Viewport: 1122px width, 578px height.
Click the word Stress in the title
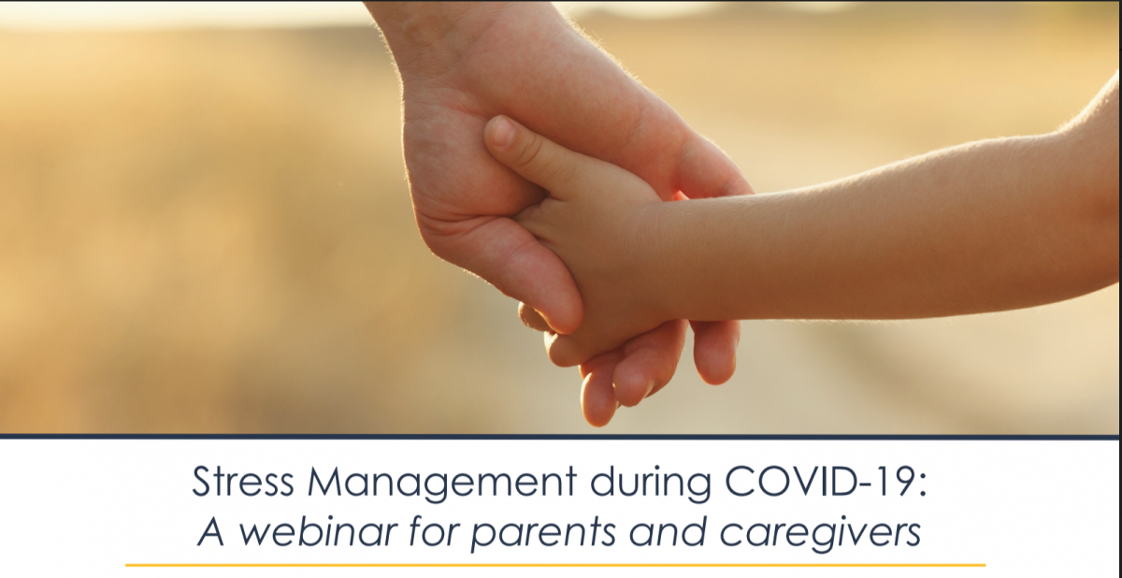coord(242,482)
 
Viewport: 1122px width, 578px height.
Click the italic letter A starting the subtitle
coord(211,531)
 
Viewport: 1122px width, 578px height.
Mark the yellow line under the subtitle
coord(555,566)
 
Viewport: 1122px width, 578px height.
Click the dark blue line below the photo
coord(560,438)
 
